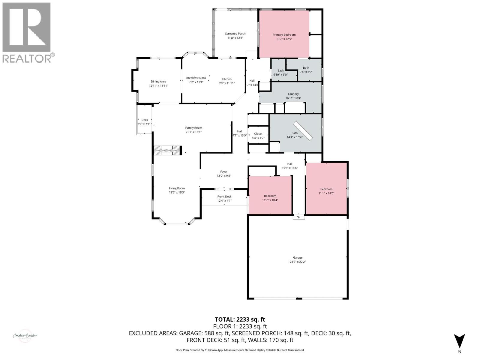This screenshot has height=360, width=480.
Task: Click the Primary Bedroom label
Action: pyautogui.click(x=284, y=35)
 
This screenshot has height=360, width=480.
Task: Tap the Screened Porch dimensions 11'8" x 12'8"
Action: pyautogui.click(x=235, y=38)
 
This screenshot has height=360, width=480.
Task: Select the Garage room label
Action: pyautogui.click(x=298, y=257)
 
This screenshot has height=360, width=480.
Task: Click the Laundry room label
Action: pyautogui.click(x=293, y=94)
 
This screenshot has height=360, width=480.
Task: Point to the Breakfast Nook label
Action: pyautogui.click(x=196, y=78)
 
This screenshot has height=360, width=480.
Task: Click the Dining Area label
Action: pyautogui.click(x=158, y=82)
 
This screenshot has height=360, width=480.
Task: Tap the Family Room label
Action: pyautogui.click(x=193, y=128)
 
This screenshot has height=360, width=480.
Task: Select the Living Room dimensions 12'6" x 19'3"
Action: pyautogui.click(x=177, y=193)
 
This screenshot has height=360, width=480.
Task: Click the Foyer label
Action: pyautogui.click(x=224, y=172)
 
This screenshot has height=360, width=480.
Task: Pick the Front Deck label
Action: pyautogui.click(x=224, y=196)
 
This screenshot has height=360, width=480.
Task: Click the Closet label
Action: pyautogui.click(x=258, y=134)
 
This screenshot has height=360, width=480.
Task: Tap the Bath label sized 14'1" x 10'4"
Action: pyautogui.click(x=295, y=133)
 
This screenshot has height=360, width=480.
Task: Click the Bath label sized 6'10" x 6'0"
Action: pyautogui.click(x=280, y=71)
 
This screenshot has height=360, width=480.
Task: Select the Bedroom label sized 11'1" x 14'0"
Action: pyautogui.click(x=326, y=189)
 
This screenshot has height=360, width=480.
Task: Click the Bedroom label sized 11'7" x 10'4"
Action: pyautogui.click(x=270, y=196)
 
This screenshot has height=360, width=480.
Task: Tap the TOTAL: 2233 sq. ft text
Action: pyautogui.click(x=240, y=319)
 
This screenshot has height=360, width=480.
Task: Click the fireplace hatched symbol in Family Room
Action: pyautogui.click(x=167, y=150)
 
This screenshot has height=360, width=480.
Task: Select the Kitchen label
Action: pyautogui.click(x=226, y=79)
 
